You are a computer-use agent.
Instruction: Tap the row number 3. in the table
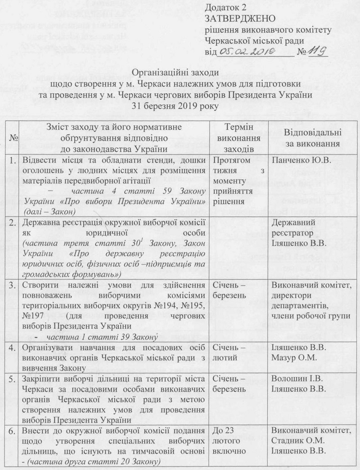14,284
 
